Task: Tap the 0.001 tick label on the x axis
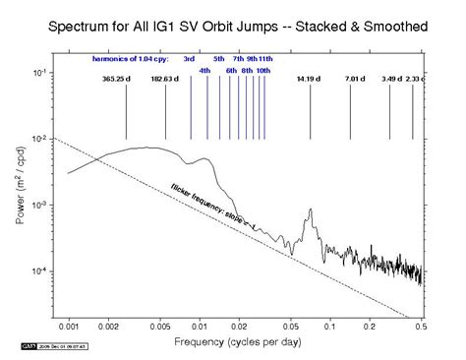[x=69, y=324]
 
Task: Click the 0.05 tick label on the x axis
[x=290, y=324]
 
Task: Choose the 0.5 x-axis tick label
[x=421, y=324]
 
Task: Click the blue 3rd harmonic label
[x=189, y=60]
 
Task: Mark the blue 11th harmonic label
[x=266, y=60]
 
